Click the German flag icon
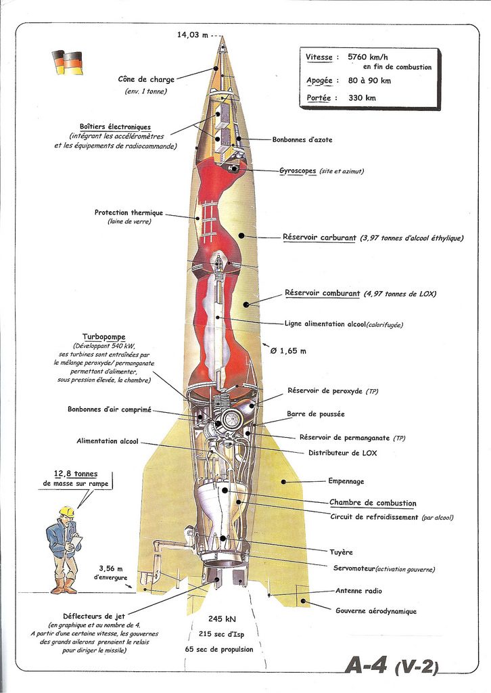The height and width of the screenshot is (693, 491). [x=68, y=62]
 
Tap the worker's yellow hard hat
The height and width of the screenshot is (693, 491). [x=66, y=512]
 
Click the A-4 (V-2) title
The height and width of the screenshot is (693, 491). [x=392, y=665]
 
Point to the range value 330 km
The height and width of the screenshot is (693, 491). [x=362, y=97]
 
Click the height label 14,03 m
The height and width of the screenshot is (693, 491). [x=192, y=35]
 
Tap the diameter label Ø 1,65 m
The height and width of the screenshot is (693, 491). [x=288, y=351]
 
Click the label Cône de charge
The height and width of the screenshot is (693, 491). [x=146, y=79]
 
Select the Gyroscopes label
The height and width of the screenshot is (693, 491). [x=298, y=171]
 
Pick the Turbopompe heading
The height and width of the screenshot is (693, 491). [x=103, y=336]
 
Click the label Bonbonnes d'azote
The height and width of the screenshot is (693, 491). [x=302, y=140]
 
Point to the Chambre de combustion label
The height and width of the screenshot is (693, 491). [x=373, y=503]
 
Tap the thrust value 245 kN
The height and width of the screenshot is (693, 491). [x=222, y=619]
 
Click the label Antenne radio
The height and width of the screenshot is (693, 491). [x=358, y=591]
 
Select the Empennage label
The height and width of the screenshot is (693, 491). [x=346, y=481]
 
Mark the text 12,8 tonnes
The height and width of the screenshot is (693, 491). [x=76, y=474]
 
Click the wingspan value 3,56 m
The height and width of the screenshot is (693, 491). [x=112, y=568]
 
